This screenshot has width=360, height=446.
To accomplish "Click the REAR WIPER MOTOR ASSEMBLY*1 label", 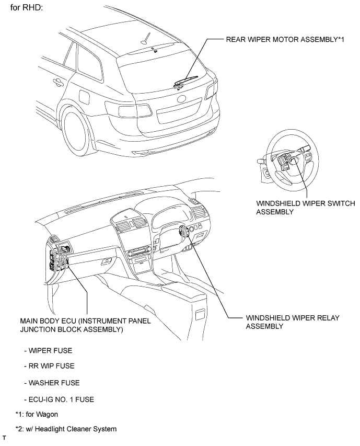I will click(286, 39).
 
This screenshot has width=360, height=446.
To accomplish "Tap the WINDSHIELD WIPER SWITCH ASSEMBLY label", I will click(298, 207).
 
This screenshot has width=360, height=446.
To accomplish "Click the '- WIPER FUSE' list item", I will click(48, 350).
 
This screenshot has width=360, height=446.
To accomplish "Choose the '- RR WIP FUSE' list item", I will click(49, 366).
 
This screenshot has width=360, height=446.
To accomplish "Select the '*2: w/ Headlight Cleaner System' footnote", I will click(66, 429).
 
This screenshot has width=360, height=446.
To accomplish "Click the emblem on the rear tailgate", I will click(181, 99).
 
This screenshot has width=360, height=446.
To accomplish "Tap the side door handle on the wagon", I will click(56, 81).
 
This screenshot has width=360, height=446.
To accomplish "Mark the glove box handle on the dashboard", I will click(107, 260).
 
